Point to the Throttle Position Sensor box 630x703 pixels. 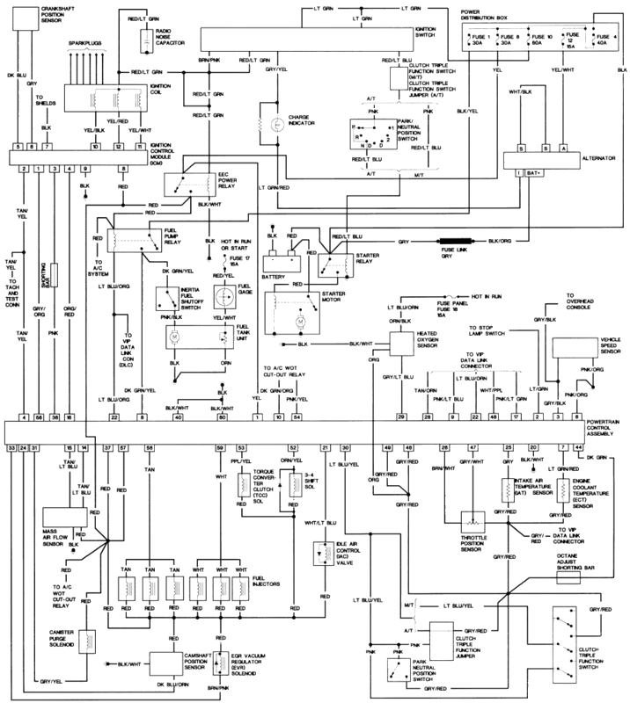(x=472, y=521)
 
